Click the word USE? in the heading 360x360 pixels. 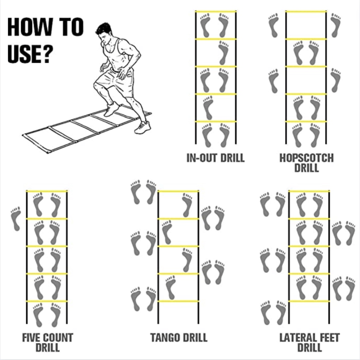(29, 54)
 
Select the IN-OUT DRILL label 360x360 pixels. (215, 158)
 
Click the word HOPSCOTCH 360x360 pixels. (306, 158)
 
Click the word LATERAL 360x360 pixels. (298, 337)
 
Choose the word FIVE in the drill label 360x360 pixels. (31, 337)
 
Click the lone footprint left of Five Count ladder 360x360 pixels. (16, 218)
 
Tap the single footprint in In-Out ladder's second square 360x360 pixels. (223, 53)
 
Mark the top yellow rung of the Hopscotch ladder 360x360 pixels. (306, 12)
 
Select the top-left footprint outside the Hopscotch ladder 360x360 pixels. (274, 25)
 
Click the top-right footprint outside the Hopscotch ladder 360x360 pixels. (336, 25)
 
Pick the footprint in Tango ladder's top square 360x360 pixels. (187, 205)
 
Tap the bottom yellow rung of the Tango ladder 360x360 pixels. (178, 301)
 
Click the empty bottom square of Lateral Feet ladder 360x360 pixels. (309, 312)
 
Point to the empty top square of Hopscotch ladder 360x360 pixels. (306, 25)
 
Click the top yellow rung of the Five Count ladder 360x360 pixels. (47, 191)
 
